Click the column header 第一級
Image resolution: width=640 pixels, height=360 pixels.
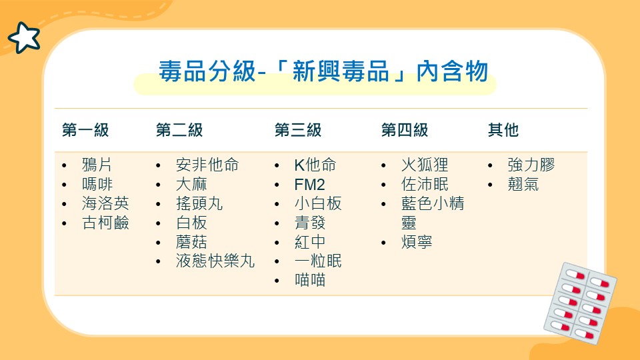coord(85,130)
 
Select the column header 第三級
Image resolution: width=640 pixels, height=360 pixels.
coord(298,130)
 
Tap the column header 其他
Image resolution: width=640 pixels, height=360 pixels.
coord(503,130)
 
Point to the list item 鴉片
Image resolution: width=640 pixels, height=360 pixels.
coord(97,165)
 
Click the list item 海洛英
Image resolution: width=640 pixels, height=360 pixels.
coord(105,203)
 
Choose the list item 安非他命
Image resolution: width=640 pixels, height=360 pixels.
coord(207,165)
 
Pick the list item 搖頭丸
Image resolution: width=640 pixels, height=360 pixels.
coord(199,203)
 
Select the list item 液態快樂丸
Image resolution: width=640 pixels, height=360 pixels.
coord(215,261)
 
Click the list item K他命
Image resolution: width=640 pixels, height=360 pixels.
coord(315,165)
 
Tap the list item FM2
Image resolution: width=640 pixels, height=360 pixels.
coord(310,185)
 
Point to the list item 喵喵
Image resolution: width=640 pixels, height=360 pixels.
coord(310,281)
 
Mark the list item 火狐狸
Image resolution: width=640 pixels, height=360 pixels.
coord(425,165)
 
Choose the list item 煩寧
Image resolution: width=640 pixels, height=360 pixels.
coord(417,242)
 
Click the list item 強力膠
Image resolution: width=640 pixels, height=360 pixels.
coord(531,165)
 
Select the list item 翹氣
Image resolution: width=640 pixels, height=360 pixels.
coord(523,185)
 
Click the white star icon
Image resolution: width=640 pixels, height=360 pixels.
coord(25,38)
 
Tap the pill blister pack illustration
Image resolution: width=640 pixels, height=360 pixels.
coord(580,303)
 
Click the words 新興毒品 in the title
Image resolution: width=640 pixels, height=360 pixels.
coord(341,71)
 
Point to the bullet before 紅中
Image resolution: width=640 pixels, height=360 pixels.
coord(277,243)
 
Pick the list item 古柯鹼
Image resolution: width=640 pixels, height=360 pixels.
coord(105,223)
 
